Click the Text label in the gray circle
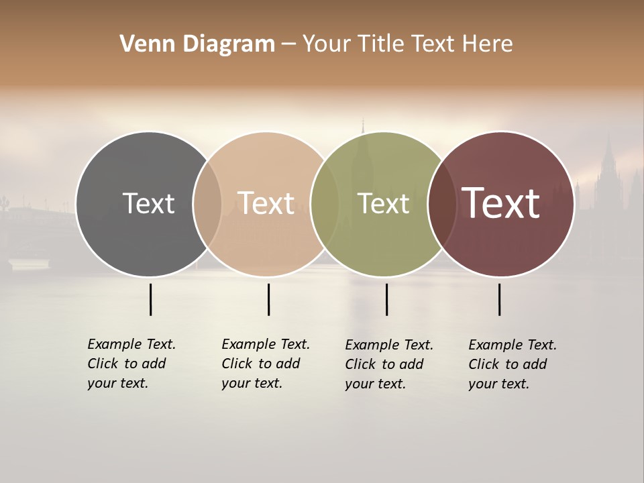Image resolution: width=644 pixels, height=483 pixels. (148, 203)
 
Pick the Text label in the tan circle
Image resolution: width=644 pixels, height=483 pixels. (266, 203)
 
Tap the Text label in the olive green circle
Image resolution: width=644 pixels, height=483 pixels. (383, 203)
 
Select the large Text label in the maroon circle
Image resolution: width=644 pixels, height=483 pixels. (500, 203)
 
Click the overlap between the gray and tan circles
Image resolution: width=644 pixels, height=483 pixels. (207, 203)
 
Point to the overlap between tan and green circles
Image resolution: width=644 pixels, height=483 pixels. (325, 203)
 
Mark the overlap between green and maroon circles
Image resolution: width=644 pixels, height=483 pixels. (442, 203)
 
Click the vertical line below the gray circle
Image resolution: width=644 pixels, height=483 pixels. (150, 299)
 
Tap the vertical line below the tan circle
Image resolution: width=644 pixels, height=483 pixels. (268, 299)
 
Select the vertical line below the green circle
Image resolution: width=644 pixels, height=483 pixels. (386, 299)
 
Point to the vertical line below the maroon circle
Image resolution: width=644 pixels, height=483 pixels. (499, 299)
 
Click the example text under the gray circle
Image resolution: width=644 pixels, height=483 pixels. (131, 364)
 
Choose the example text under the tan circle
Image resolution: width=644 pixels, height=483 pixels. (265, 364)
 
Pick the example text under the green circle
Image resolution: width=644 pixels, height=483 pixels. (388, 364)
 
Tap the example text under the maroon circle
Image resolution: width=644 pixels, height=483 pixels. (512, 364)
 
